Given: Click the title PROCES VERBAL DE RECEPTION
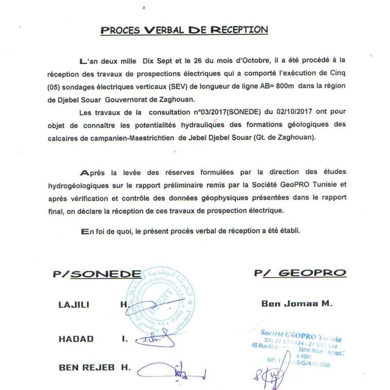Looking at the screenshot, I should coord(184,29).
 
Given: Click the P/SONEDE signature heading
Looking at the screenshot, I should coord(97,274).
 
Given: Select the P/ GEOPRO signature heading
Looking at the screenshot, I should coord(300,274).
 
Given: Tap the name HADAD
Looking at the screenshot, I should coord(76,339).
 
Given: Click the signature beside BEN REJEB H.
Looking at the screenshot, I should coord(172,373).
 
